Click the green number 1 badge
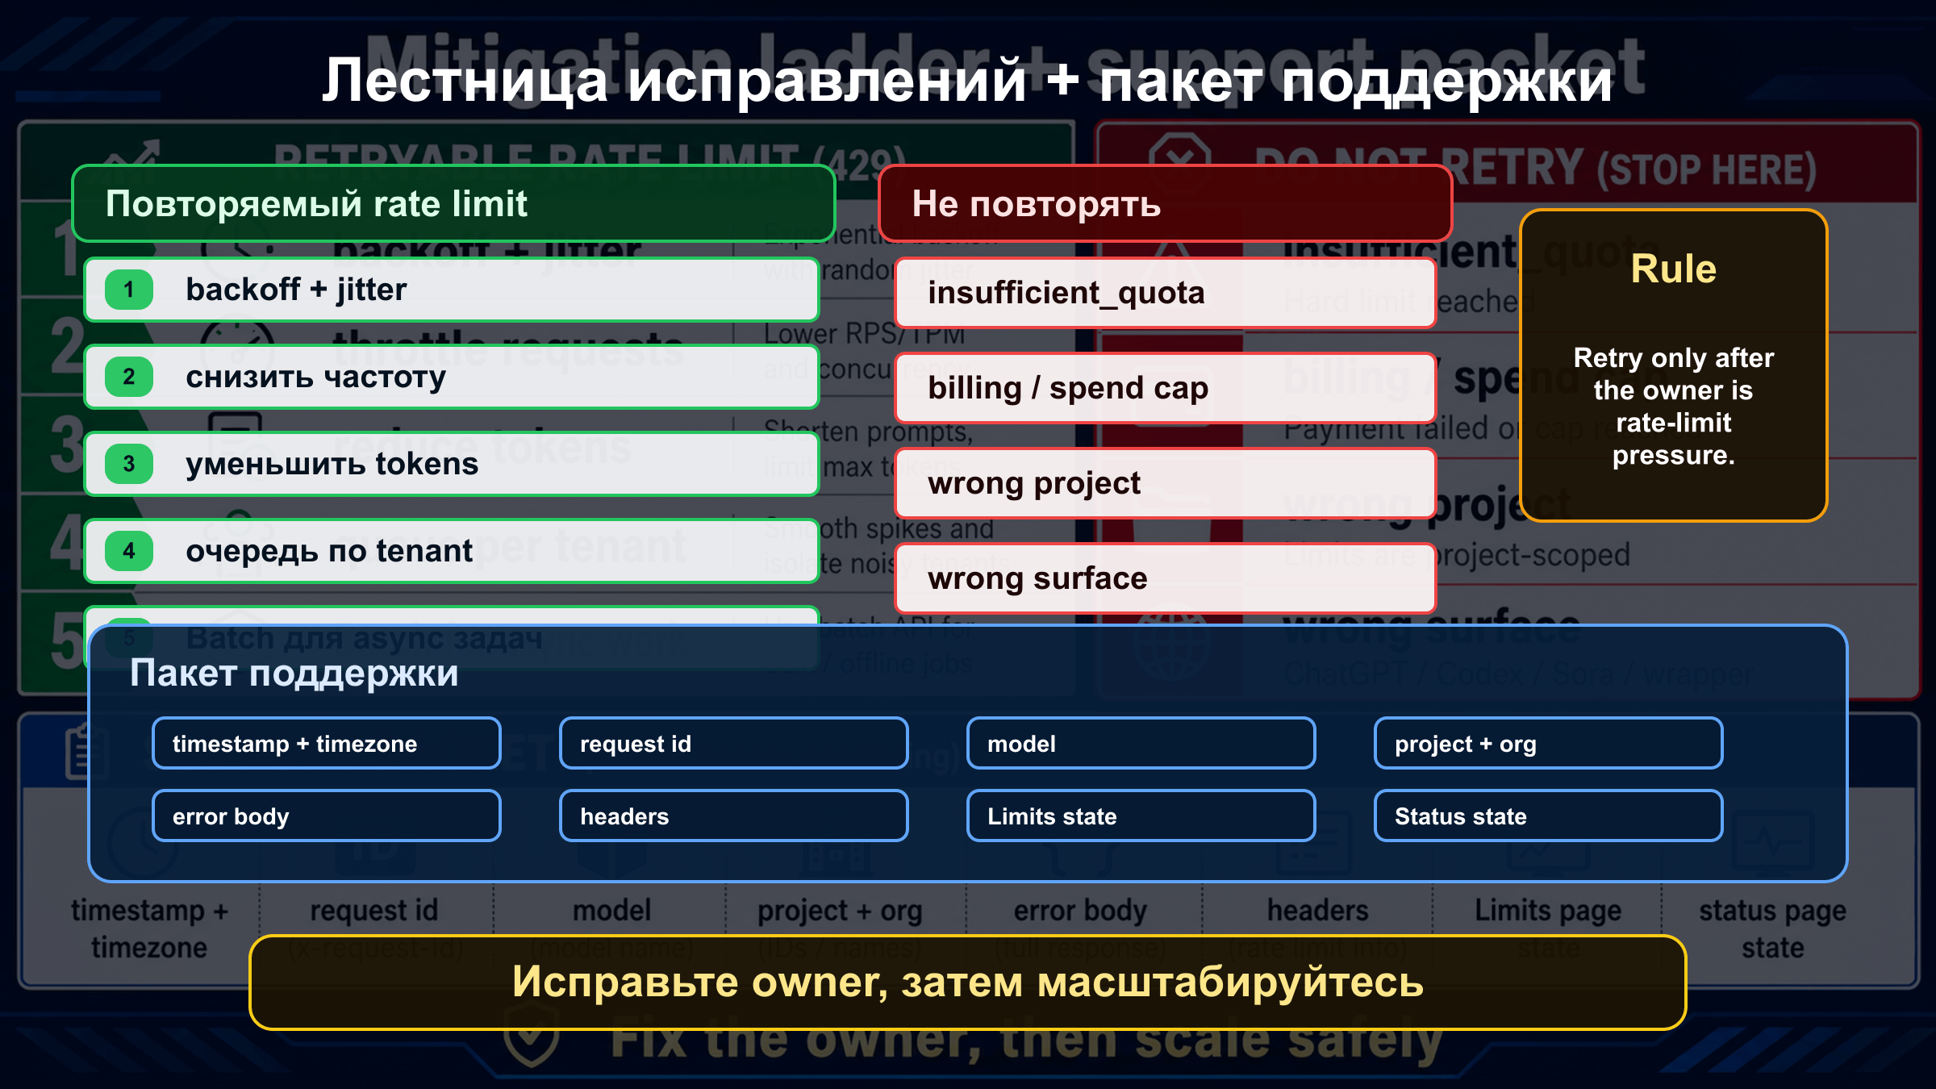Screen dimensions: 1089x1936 [129, 290]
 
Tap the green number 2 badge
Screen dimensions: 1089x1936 [129, 377]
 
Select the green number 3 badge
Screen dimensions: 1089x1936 [129, 464]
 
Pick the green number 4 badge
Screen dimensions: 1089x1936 [129, 551]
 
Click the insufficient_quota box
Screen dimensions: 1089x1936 [1165, 293]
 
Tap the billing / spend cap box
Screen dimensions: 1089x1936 [1165, 388]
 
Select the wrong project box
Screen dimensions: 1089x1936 [1165, 483]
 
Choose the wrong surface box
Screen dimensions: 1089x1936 [1165, 578]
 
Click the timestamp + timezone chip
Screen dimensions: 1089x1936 [326, 743]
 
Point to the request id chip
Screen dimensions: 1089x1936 [733, 743]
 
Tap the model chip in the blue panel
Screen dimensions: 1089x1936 [1141, 743]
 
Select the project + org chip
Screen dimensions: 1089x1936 [1548, 743]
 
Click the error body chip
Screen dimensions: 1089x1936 [326, 816]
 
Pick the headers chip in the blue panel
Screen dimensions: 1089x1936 [733, 816]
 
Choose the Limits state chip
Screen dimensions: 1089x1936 [1141, 816]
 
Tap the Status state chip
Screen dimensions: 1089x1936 [1548, 816]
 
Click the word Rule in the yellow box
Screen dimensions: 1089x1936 [1673, 269]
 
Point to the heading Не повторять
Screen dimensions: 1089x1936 [1036, 204]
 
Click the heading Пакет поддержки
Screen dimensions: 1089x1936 [294, 673]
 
